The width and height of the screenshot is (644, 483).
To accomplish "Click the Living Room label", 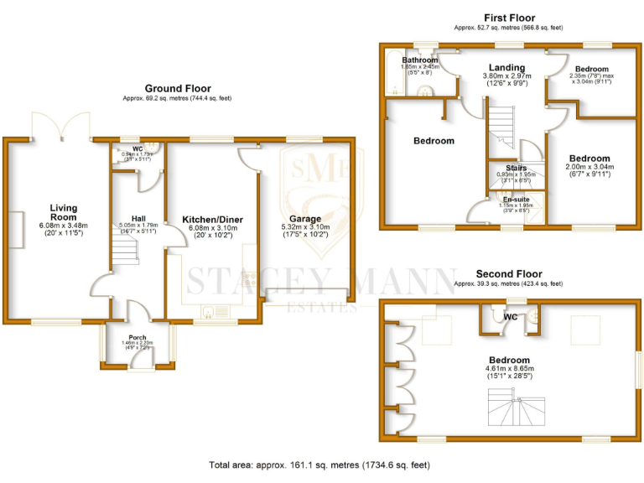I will [63, 212].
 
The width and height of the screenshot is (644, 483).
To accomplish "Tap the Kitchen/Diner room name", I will [213, 220].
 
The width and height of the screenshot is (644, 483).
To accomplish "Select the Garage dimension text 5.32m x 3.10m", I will [305, 227].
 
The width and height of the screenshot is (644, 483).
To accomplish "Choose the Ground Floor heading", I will [178, 88].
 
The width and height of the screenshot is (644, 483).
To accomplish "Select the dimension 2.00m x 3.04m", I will [590, 167].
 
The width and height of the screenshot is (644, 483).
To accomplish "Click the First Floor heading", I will [509, 18].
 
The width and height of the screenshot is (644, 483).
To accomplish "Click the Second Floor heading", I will [509, 273].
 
